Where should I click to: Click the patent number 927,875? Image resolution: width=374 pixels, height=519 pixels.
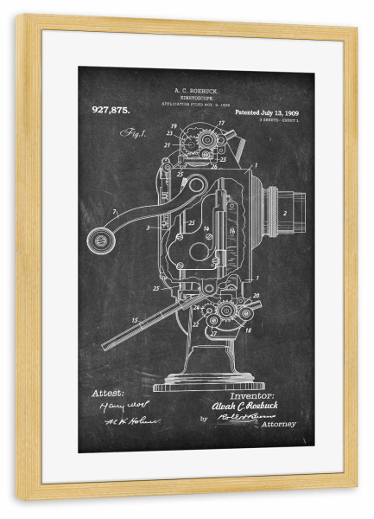(110, 109)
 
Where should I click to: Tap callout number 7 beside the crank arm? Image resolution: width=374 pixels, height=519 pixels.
(113, 211)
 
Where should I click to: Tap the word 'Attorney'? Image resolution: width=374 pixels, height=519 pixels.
(276, 424)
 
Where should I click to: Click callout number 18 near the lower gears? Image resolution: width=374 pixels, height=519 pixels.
(249, 330)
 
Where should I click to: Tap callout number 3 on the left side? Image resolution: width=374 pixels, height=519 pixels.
(149, 227)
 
